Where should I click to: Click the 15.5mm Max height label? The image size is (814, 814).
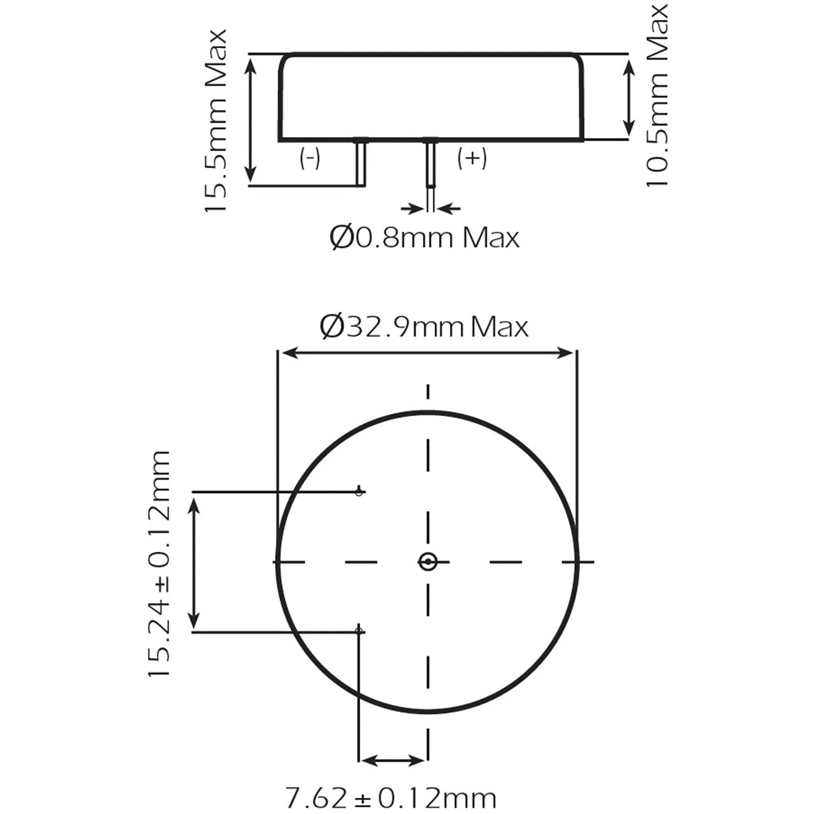coord(215,121)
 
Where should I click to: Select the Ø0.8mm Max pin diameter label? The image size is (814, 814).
coord(424,237)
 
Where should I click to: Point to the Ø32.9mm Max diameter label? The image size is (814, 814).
coord(424,327)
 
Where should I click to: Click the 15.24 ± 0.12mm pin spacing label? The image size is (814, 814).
coord(159,563)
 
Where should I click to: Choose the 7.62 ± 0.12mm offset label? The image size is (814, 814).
coord(390,798)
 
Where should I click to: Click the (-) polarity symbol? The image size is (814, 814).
coord(310,159)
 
